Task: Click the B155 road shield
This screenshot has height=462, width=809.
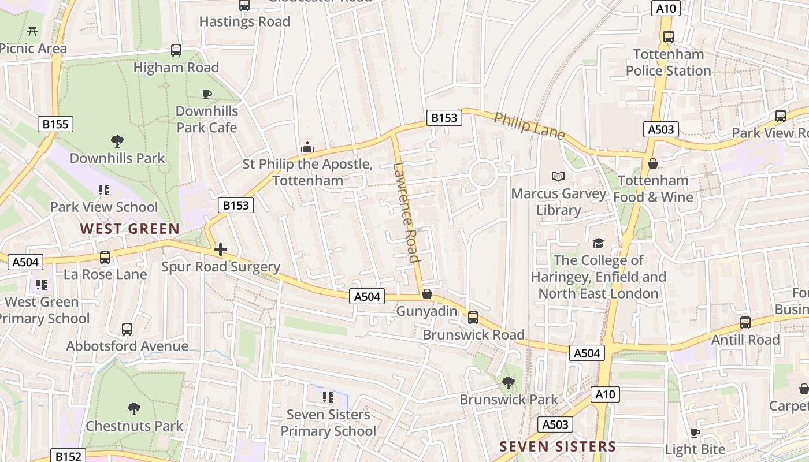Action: [55, 124]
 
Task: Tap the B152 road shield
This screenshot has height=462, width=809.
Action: [68, 456]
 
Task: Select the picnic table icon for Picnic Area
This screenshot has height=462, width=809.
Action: [32, 31]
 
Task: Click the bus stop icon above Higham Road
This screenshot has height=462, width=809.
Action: [176, 50]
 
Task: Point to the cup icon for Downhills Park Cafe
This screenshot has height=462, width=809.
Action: [206, 94]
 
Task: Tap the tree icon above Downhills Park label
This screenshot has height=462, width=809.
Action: [117, 141]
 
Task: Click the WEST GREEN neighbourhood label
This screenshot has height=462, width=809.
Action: [130, 229]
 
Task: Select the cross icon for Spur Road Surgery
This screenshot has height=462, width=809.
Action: [221, 250]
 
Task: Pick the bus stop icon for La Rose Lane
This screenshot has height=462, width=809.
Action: [105, 257]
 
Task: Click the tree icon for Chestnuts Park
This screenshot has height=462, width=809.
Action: [134, 409]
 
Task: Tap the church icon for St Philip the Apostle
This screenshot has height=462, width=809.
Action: [307, 148]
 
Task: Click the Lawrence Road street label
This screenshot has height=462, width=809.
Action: [406, 213]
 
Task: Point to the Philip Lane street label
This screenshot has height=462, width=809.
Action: [529, 125]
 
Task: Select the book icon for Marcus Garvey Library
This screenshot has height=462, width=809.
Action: [558, 177]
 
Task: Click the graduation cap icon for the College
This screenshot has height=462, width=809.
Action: [598, 244]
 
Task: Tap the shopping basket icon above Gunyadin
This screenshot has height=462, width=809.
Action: [427, 295]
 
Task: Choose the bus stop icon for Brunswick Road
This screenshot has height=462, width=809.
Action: [473, 317]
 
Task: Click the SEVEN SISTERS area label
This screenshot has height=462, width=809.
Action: [558, 446]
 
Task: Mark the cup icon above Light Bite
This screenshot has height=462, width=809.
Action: [695, 433]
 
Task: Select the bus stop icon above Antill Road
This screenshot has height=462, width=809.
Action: [745, 323]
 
